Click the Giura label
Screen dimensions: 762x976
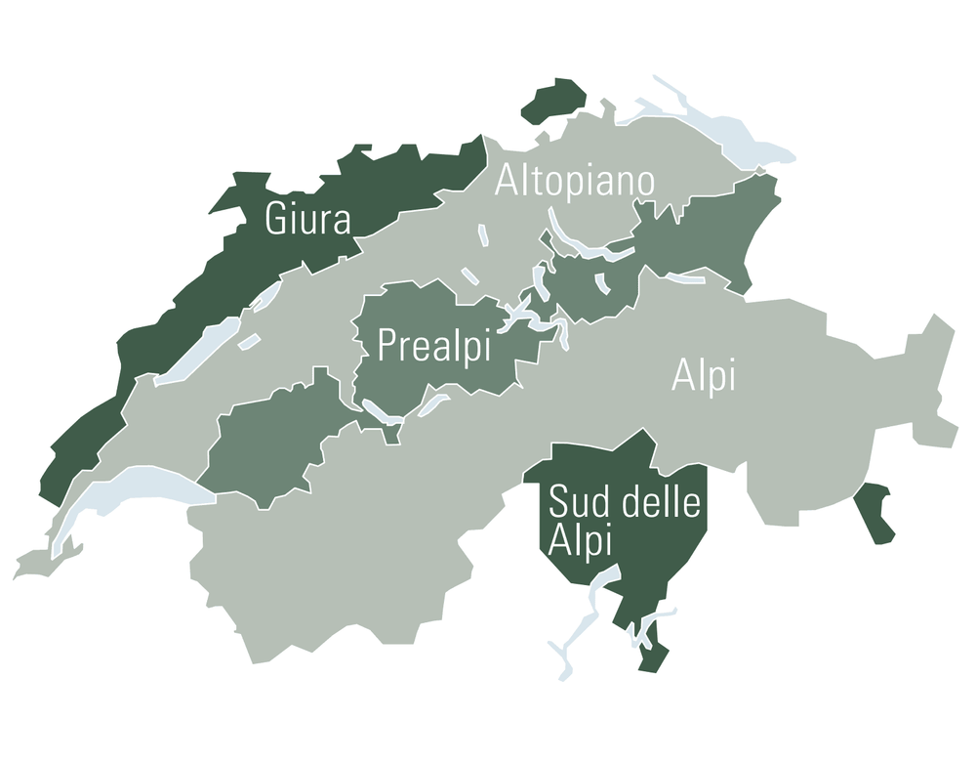click(x=307, y=219)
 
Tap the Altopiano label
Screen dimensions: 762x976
click(x=574, y=182)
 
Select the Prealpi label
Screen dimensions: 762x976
click(x=434, y=347)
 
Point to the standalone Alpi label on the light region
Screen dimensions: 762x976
click(x=703, y=376)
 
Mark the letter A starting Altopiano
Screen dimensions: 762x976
click(x=506, y=182)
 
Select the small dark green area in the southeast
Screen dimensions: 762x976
click(x=875, y=512)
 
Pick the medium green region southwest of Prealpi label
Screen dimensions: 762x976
click(x=268, y=444)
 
